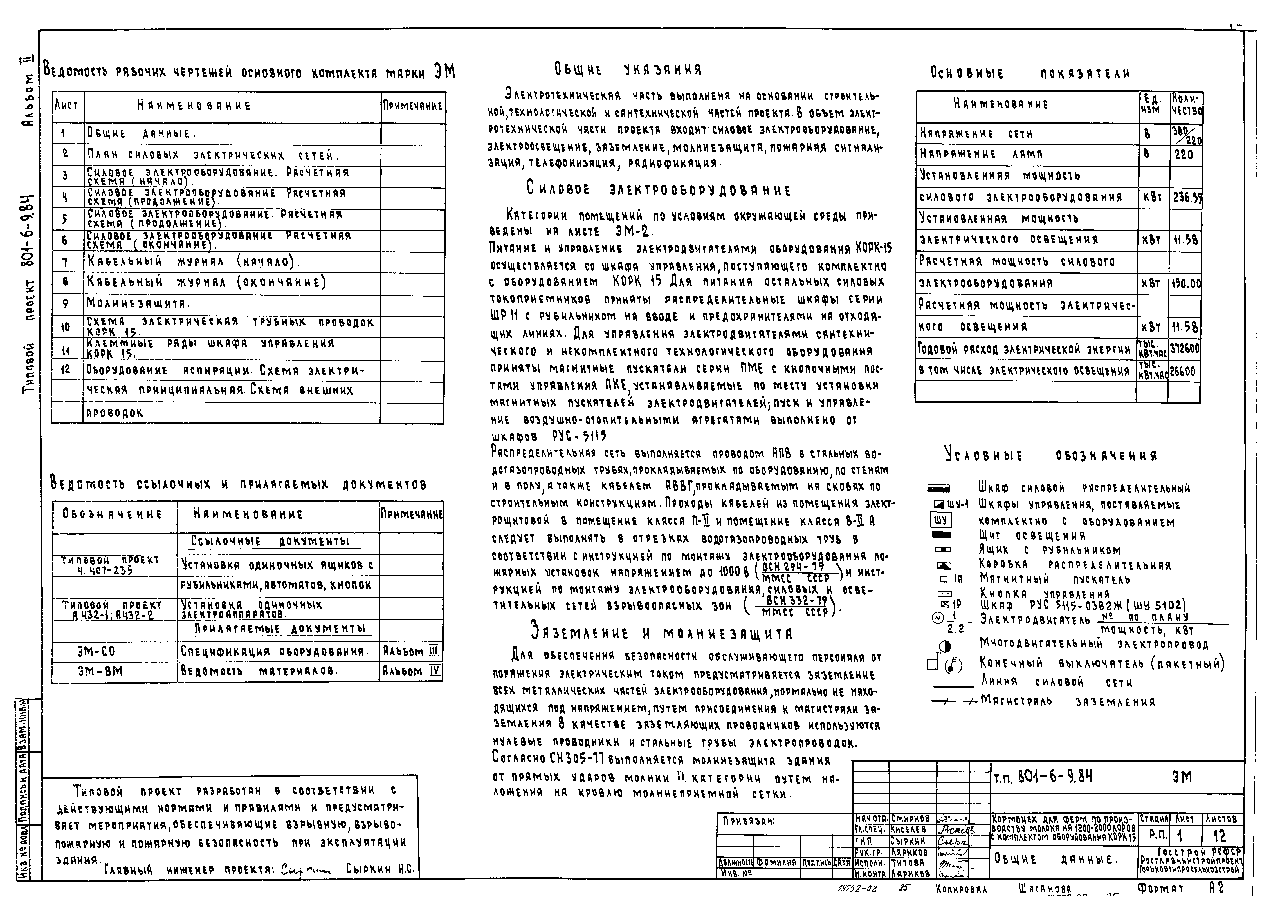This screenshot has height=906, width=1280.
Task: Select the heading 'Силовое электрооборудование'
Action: [658, 190]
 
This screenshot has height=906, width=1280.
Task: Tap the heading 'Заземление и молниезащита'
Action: [661, 633]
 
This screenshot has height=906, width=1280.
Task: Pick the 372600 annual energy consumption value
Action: [1185, 349]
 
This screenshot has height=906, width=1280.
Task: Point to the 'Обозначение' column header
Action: [113, 514]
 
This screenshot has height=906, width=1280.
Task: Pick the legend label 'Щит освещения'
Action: [1032, 536]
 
